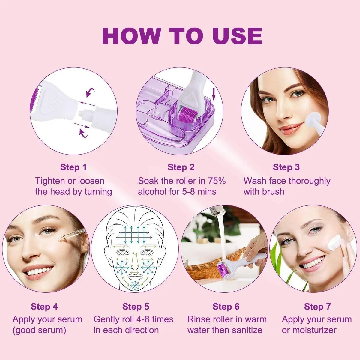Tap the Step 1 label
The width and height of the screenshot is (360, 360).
point(73,167)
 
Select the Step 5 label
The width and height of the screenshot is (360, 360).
point(136,307)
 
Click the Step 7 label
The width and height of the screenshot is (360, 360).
point(317,306)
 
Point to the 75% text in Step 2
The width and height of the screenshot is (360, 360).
point(217,181)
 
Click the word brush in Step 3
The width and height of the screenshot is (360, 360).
point(273,192)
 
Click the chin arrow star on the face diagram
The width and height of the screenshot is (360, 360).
point(134,286)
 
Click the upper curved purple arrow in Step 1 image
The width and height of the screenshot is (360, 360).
point(90,93)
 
